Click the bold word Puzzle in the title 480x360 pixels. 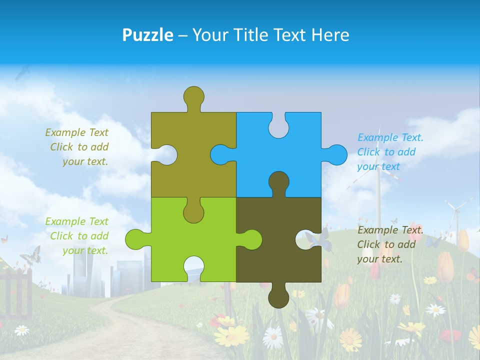(x=148, y=35)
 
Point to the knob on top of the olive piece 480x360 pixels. (x=194, y=96)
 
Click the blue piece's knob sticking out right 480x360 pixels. (x=335, y=154)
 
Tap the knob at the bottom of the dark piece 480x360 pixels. (x=278, y=297)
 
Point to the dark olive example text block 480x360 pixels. (x=390, y=244)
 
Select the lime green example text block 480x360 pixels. (x=77, y=236)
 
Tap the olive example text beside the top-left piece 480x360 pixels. (x=77, y=147)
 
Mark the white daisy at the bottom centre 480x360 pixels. (x=273, y=338)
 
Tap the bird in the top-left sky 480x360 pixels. (x=22, y=73)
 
